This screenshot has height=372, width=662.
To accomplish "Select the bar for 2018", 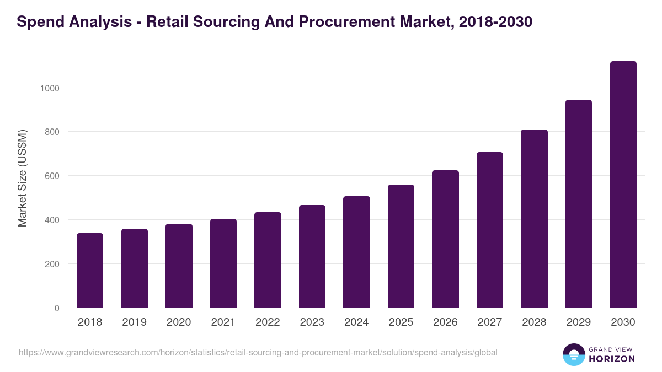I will tap(90, 271).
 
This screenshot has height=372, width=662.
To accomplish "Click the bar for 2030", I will tap(623, 185).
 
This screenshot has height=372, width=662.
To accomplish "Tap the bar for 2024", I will tap(356, 252).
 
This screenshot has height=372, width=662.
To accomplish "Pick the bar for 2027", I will tap(490, 230).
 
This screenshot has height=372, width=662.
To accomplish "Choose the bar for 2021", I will tap(223, 263).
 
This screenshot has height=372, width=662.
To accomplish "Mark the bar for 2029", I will tap(579, 204).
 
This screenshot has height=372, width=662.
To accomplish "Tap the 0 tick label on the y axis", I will tap(57, 308).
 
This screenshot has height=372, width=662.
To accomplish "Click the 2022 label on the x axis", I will tap(268, 322).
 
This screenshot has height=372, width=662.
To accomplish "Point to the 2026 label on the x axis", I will tap(445, 322).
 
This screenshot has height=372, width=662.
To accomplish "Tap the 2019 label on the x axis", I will tap(134, 322).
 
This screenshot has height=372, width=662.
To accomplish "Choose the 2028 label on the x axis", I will tap(534, 322).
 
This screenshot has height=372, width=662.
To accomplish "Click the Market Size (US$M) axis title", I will tap(22, 177).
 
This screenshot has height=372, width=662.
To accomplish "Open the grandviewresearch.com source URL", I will tap(258, 352).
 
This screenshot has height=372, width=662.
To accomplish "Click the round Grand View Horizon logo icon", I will tap(574, 354).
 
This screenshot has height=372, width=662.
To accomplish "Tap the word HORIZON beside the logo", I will tap(612, 359).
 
